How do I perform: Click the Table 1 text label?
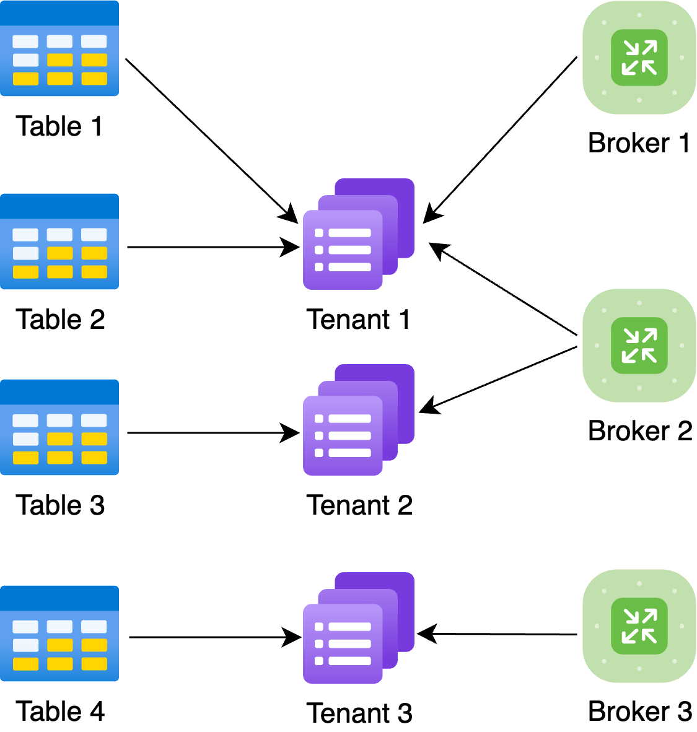pos(60,126)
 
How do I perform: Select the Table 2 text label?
pos(60,320)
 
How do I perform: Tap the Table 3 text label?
pos(60,505)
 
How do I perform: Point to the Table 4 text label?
pos(60,711)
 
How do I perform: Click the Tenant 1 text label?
pos(359,320)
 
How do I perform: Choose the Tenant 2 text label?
pos(359,505)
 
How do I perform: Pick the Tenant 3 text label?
pos(359,713)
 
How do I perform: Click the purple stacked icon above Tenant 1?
pos(359,235)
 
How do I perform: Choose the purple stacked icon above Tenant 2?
pos(359,420)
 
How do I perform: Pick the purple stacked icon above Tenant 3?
pos(359,629)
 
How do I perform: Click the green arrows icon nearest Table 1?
pos(639,58)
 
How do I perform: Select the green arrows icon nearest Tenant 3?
pos(639,626)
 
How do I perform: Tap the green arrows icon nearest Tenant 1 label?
pos(639,346)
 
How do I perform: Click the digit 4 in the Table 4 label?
pos(97,711)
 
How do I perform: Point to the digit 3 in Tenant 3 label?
pos(405,713)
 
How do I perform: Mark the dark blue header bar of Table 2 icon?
pos(59,206)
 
